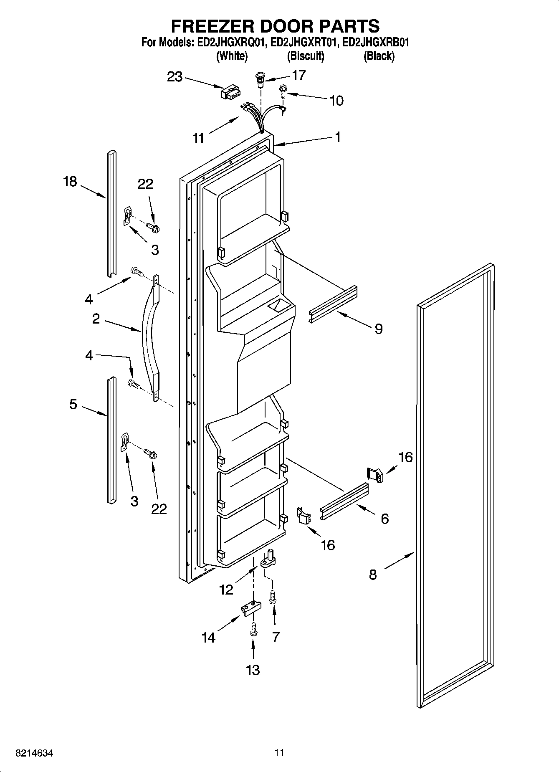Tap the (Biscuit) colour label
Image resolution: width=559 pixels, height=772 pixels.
[306, 56]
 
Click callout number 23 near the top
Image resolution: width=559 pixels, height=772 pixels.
[175, 77]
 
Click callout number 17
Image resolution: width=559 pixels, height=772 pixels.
[299, 75]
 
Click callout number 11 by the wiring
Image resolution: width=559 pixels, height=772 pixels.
[199, 138]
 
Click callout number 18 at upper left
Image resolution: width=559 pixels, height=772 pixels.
[70, 182]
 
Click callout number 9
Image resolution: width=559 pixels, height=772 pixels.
[378, 329]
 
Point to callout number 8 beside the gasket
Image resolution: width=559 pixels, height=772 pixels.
[373, 575]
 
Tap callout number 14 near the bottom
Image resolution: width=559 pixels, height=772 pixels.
[208, 638]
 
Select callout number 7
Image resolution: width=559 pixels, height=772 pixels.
[276, 637]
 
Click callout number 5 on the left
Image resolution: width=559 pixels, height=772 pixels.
[73, 404]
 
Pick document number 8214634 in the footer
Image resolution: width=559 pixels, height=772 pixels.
[34, 753]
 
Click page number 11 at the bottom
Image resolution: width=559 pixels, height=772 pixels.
[279, 752]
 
